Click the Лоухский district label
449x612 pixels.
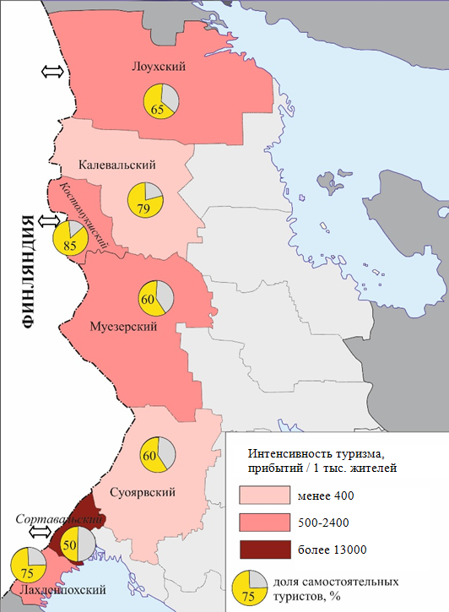tap(158, 67)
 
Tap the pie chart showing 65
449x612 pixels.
tap(160, 101)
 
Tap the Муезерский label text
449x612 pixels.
tap(124, 326)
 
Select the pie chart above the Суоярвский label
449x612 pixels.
tap(156, 455)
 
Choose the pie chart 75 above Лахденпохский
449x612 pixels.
tap(27, 564)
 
